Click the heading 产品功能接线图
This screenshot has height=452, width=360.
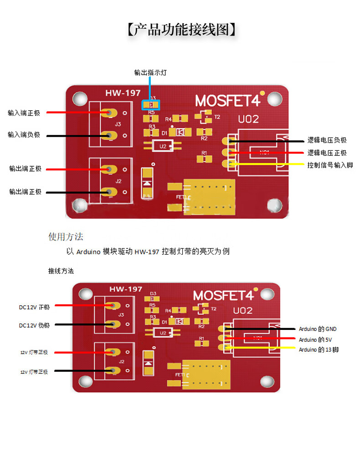(x=181, y=30)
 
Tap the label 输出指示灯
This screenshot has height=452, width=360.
(x=150, y=72)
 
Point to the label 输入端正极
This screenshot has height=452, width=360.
(x=24, y=113)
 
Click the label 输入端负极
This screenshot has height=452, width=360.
(x=24, y=135)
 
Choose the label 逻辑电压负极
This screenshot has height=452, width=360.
(x=327, y=141)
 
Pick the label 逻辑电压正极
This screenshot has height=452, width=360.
(x=327, y=153)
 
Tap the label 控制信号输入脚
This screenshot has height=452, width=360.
(x=330, y=164)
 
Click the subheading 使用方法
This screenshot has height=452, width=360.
(x=66, y=237)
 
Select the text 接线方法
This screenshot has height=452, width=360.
(x=61, y=271)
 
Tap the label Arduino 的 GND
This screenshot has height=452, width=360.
(x=317, y=329)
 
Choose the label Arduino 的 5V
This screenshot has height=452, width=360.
(x=315, y=339)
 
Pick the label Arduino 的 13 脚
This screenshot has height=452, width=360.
(x=319, y=349)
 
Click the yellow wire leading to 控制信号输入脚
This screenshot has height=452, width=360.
(x=269, y=164)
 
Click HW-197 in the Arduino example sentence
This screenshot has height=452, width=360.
(x=147, y=252)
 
